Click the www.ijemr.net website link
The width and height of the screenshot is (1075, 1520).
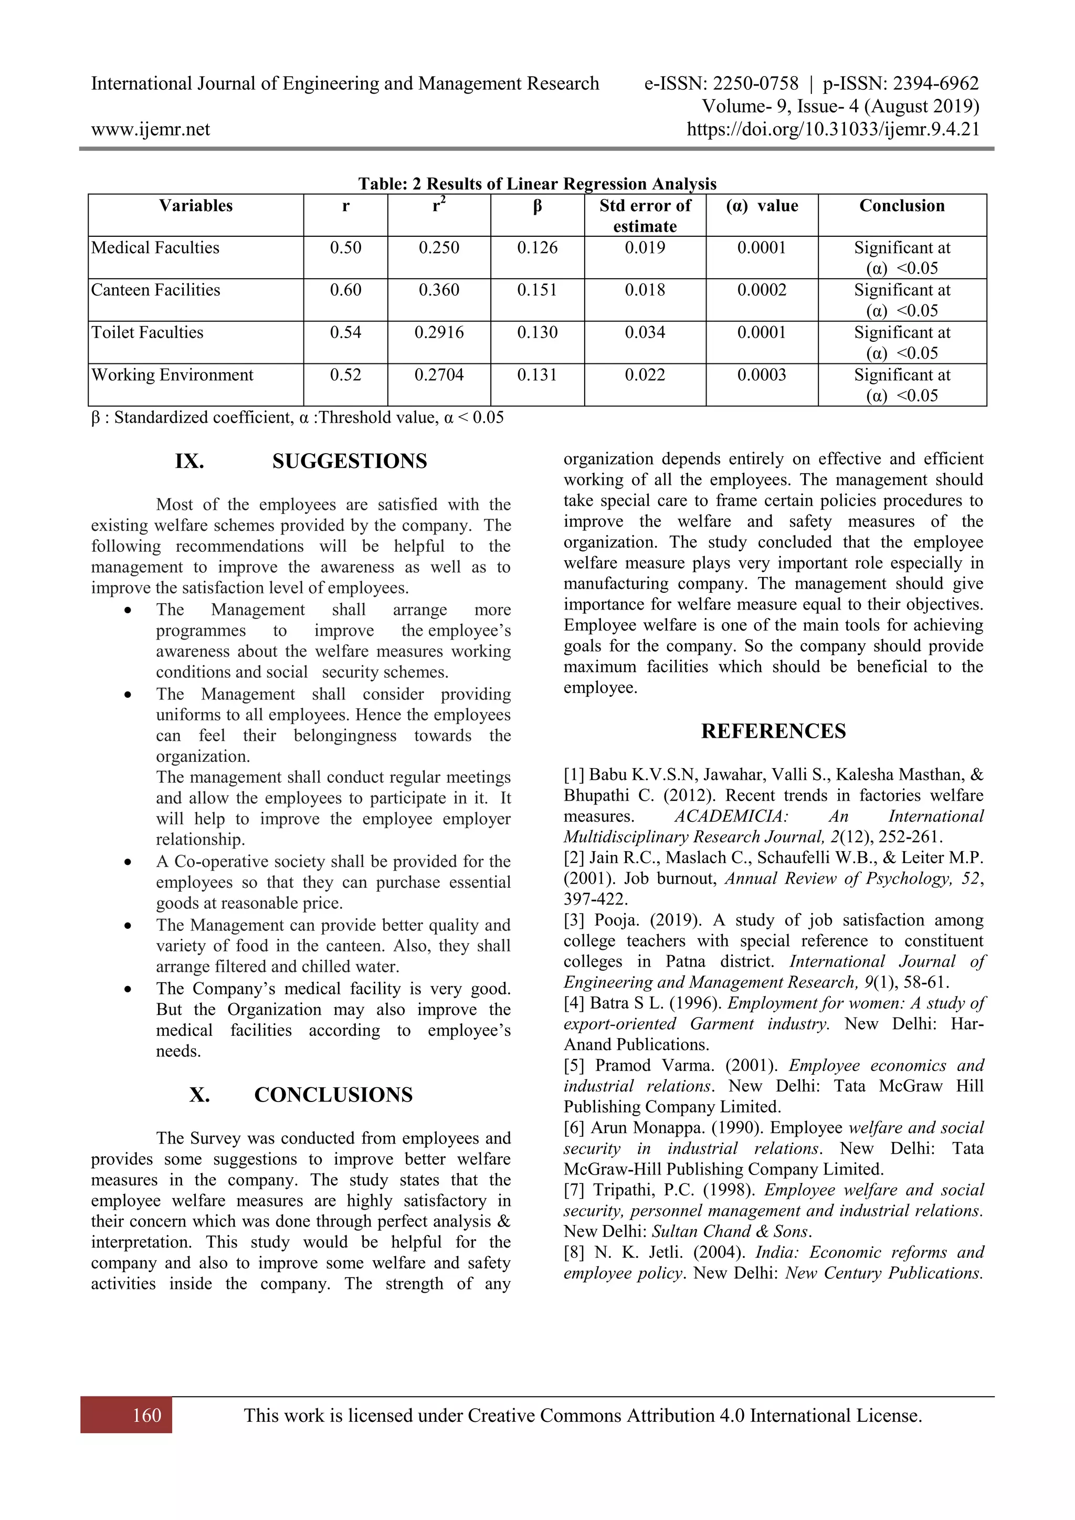pyautogui.click(x=150, y=130)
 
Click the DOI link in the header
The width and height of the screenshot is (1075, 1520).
pyautogui.click(x=832, y=129)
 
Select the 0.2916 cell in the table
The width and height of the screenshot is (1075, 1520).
pyautogui.click(x=439, y=333)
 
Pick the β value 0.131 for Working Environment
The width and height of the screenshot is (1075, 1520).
pyautogui.click(x=537, y=375)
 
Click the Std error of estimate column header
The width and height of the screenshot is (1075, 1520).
pyautogui.click(x=645, y=216)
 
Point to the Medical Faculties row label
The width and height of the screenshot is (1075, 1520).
pyautogui.click(x=155, y=248)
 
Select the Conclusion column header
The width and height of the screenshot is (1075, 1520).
pyautogui.click(x=902, y=206)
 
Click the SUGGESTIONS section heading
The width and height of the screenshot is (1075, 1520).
pyautogui.click(x=350, y=462)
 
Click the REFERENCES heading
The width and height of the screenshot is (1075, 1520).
pyautogui.click(x=773, y=731)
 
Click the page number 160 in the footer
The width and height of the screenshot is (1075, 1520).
pyautogui.click(x=147, y=1416)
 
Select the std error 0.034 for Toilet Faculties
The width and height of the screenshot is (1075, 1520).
pyautogui.click(x=645, y=333)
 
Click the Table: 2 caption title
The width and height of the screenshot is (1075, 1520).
pyautogui.click(x=537, y=184)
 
